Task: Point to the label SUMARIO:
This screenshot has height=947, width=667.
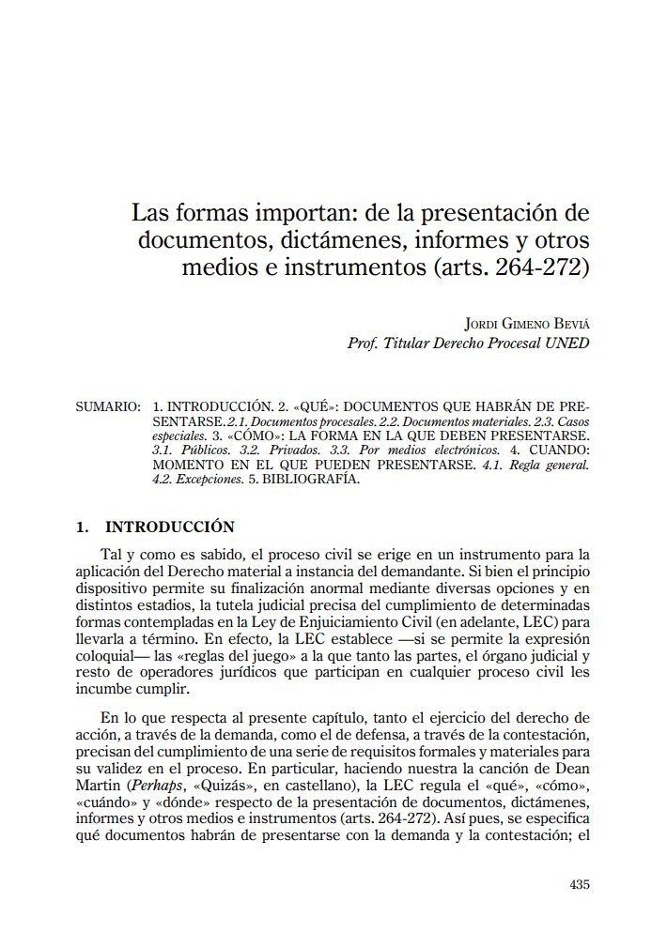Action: [107, 408]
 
